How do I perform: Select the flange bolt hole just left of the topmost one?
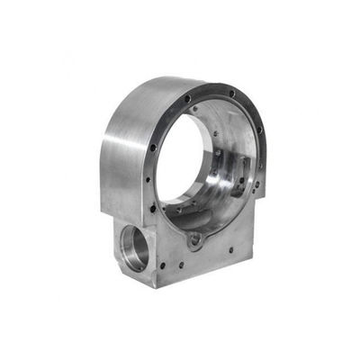click(x=187, y=98)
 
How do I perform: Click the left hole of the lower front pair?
click(x=178, y=265)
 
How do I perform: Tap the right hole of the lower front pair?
click(x=192, y=264)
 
